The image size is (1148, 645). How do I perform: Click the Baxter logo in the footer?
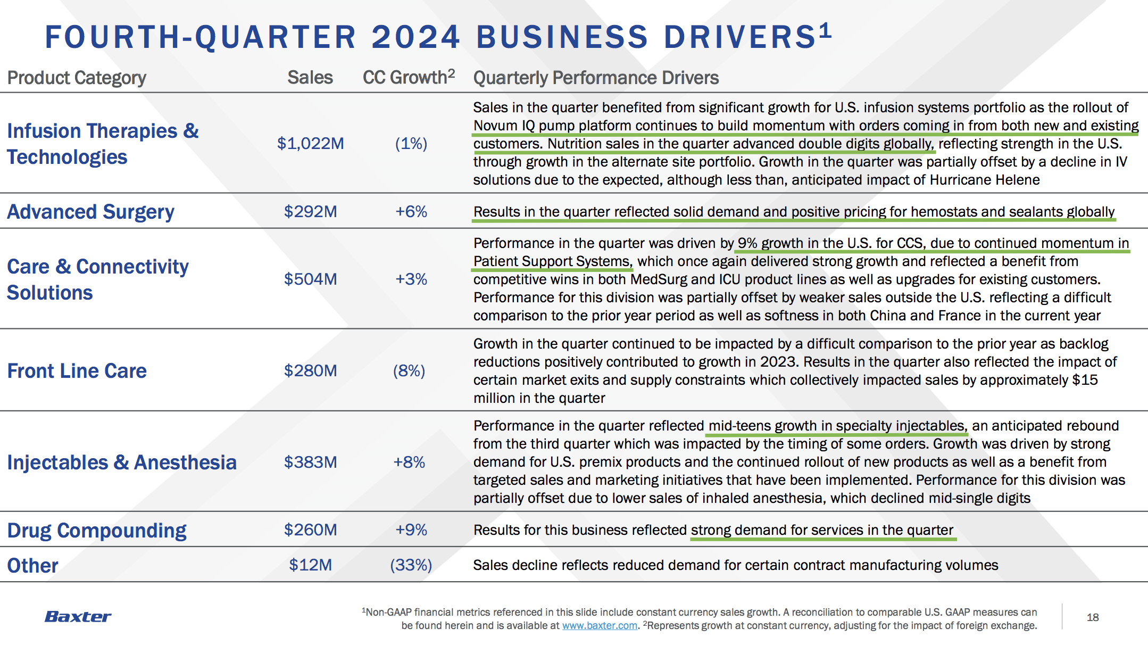click(78, 617)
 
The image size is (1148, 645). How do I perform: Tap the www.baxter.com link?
click(600, 626)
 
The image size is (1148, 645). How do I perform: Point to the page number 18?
click(1093, 617)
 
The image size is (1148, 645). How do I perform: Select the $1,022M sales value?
click(311, 144)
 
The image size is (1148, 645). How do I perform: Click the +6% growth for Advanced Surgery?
click(411, 212)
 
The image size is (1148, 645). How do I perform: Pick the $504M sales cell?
click(311, 279)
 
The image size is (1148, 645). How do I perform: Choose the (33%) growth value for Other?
click(411, 565)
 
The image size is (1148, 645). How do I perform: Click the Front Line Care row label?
click(77, 371)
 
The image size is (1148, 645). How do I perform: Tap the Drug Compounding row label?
click(97, 531)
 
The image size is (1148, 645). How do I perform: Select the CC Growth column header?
click(409, 77)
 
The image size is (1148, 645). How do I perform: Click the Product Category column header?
click(77, 78)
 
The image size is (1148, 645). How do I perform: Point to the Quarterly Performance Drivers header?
click(596, 78)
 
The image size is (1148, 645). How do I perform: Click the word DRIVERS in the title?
click(740, 37)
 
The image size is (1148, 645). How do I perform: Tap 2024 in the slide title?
click(415, 37)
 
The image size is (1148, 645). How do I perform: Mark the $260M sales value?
click(311, 530)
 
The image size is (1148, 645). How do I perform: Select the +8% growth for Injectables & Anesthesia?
click(409, 462)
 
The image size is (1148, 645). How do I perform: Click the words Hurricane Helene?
click(985, 180)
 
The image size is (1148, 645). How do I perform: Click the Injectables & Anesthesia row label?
click(122, 463)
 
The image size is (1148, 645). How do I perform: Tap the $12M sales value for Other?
click(311, 565)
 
